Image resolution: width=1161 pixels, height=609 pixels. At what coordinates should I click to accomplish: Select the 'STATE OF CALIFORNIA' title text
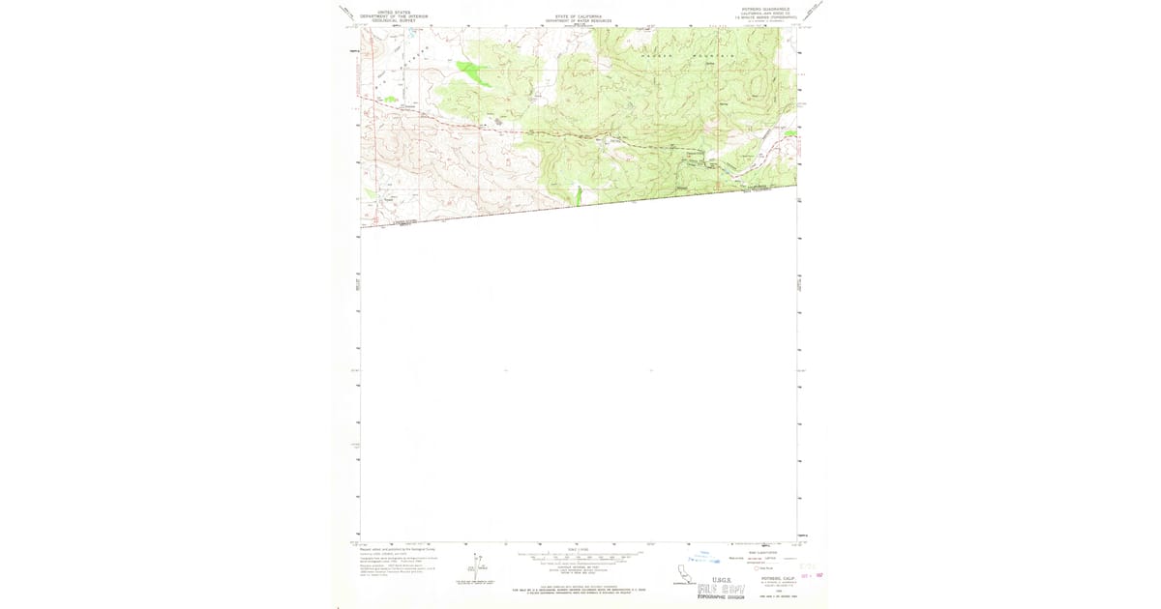[578, 16]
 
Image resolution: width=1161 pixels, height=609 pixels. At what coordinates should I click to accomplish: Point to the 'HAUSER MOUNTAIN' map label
[688, 58]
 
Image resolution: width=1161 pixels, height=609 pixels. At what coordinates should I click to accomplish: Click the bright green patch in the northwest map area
[473, 71]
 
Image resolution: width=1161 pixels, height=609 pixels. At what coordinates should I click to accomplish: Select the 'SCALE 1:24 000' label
[578, 551]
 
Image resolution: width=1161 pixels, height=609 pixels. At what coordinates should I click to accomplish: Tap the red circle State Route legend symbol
[757, 567]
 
